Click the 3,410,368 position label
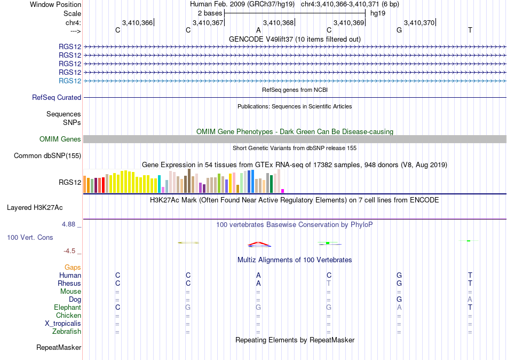pos(278,22)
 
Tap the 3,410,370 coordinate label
pos(419,22)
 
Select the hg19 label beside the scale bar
pos(378,13)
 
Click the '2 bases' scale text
pos(210,13)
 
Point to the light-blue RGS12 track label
pos(70,81)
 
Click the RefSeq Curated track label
pos(57,97)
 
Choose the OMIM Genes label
pos(60,139)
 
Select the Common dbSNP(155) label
pos(47,156)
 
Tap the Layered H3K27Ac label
pos(35,208)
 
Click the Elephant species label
pos(68,307)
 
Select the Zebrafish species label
pos(67,331)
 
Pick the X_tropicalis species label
pos(63,324)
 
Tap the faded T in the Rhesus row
pos(329,283)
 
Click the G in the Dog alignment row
pos(399,299)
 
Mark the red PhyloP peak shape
pos(259,244)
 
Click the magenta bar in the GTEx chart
pos(283,191)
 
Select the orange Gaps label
pos(73,268)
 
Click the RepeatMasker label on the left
pos(59,347)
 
